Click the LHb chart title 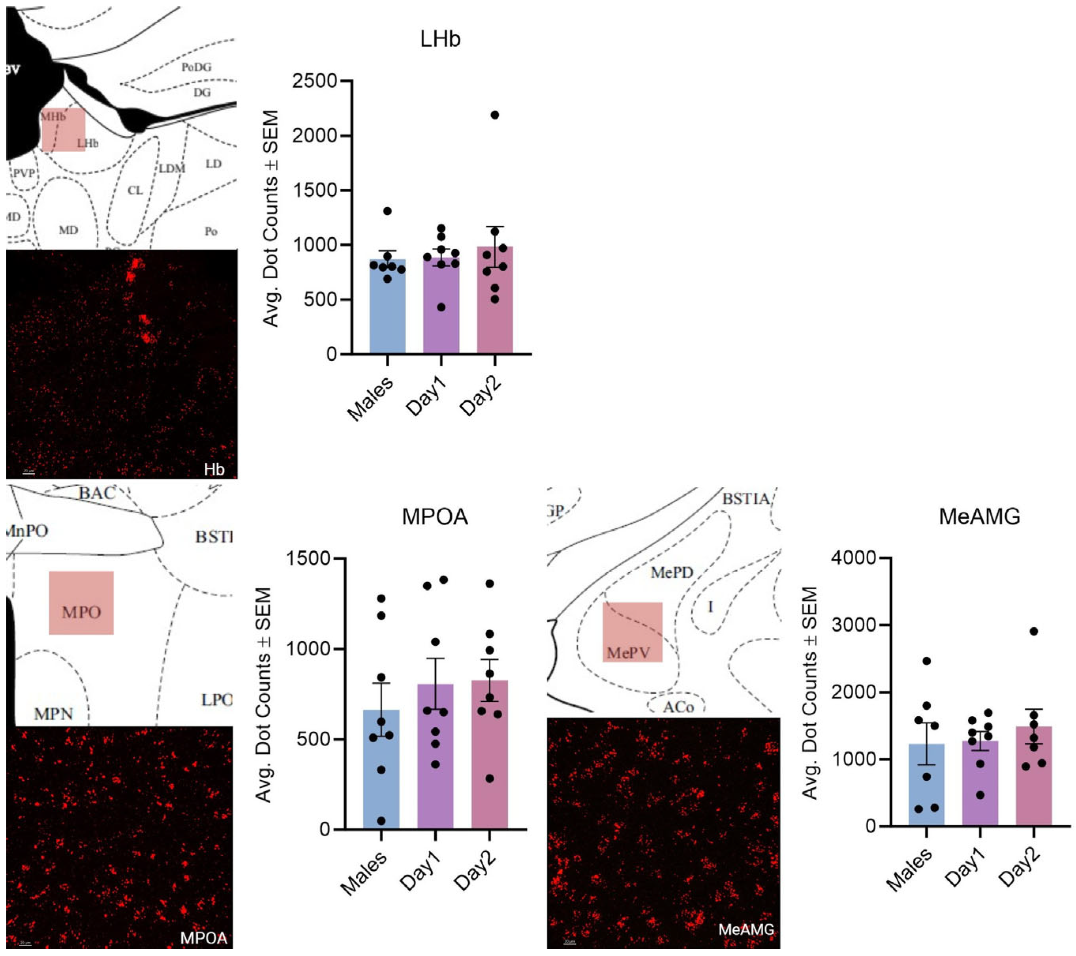pos(440,39)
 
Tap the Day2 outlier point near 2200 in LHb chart pos(495,115)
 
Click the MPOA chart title pos(435,517)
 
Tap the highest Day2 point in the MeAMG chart pos(1034,631)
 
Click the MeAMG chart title pos(980,517)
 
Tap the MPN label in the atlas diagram pos(54,714)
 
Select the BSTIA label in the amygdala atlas pos(746,498)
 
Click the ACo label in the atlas pos(678,706)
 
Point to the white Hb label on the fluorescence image pos(214,469)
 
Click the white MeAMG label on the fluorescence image pos(746,929)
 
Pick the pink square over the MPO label pos(82,602)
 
